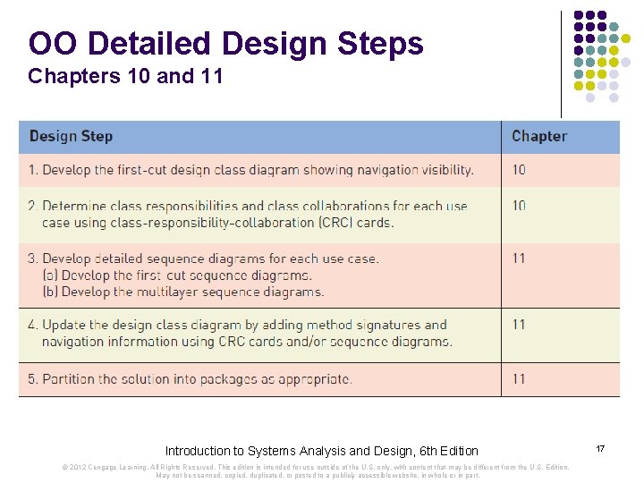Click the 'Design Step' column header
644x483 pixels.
pos(72,137)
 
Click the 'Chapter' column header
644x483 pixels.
pos(538,137)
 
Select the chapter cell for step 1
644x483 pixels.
pos(519,170)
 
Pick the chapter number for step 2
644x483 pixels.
pos(519,206)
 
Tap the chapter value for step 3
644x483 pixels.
pos(519,258)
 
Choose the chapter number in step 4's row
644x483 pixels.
pos(519,325)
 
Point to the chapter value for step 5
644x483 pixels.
pos(519,379)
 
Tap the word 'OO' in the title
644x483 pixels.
pos(55,43)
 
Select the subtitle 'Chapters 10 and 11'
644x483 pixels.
pos(125,77)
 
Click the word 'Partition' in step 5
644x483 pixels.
pos(68,379)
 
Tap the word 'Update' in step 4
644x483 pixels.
pos(64,325)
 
